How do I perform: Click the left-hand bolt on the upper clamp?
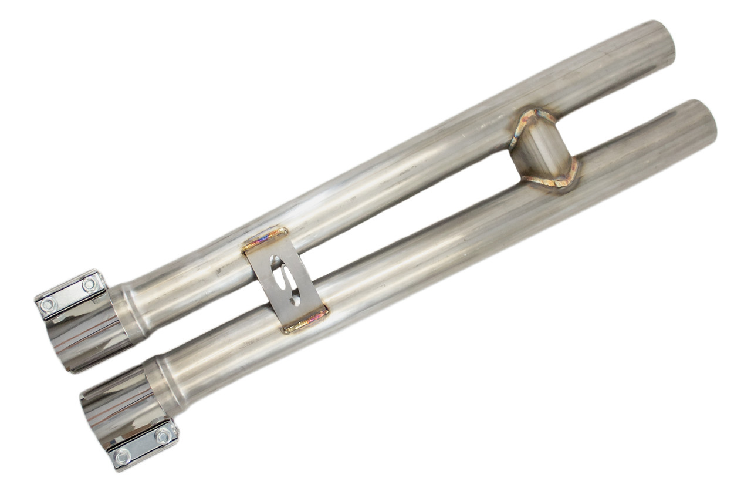pos(48,305)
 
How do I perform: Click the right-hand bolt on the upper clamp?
pos(89,285)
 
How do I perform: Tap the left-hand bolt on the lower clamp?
pos(122,456)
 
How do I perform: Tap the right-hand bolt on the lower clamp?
pos(163,435)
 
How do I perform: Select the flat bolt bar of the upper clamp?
pos(69,294)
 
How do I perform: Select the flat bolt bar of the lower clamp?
pos(143,446)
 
